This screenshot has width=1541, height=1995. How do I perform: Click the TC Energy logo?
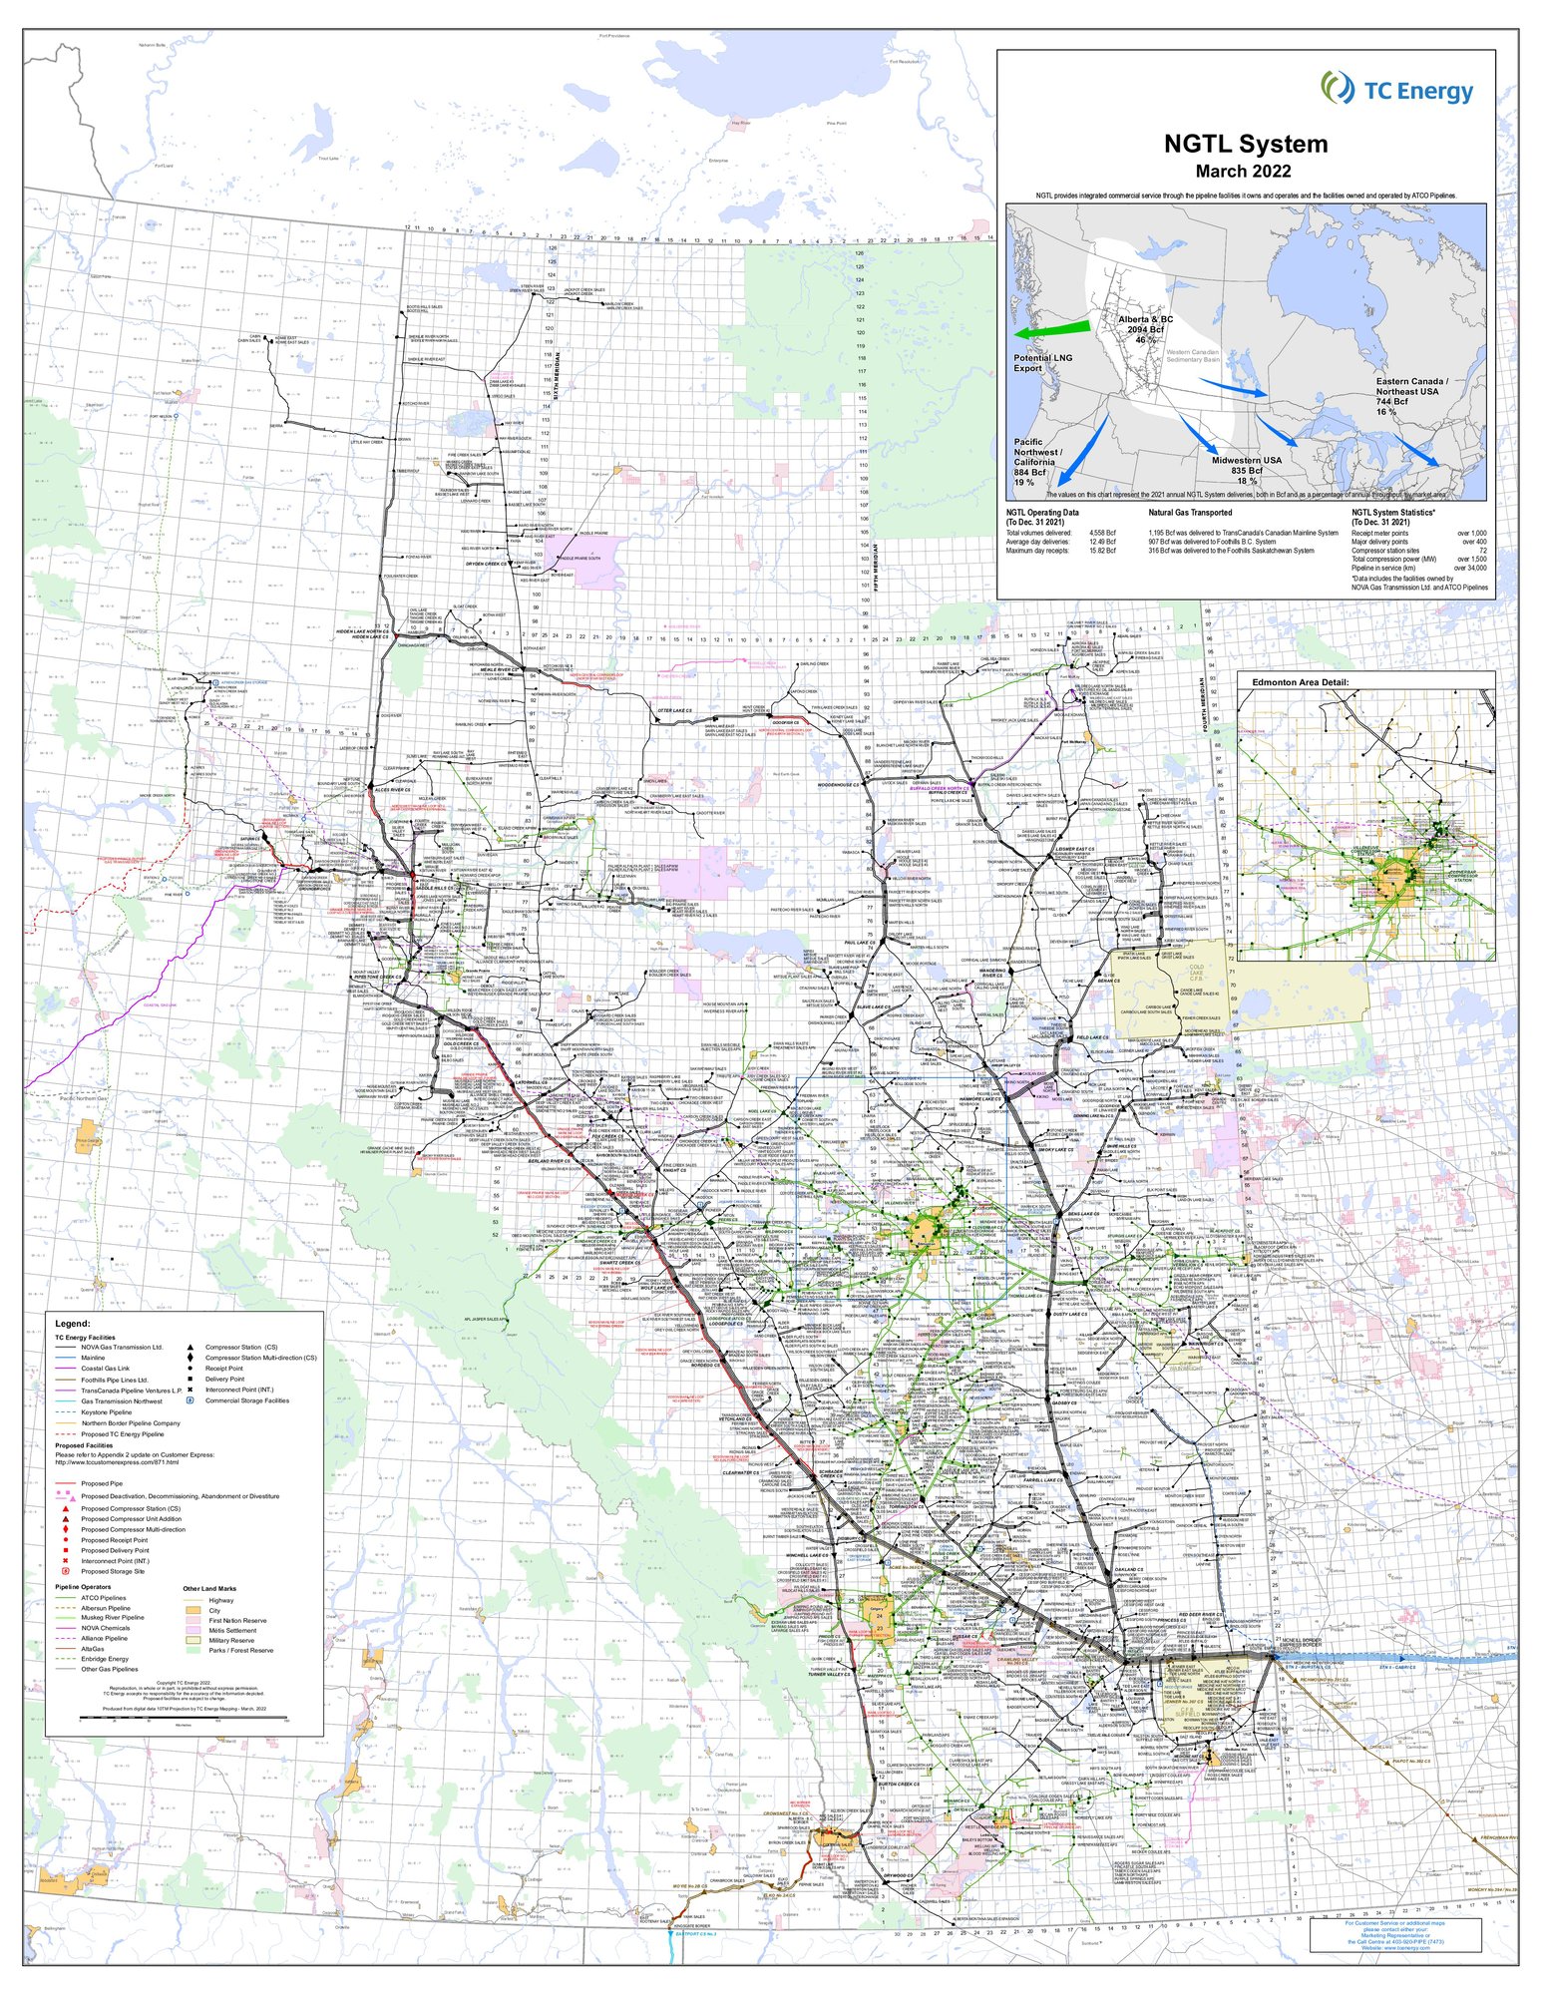[x=1395, y=89]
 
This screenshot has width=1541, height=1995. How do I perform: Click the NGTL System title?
[x=1246, y=144]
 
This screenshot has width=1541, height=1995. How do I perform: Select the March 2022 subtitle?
[x=1246, y=171]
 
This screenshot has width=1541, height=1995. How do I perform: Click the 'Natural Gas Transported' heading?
[x=1190, y=512]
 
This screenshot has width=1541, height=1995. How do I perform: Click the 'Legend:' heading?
[x=75, y=1324]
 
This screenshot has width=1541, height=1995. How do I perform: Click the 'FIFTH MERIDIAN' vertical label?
[x=877, y=570]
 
